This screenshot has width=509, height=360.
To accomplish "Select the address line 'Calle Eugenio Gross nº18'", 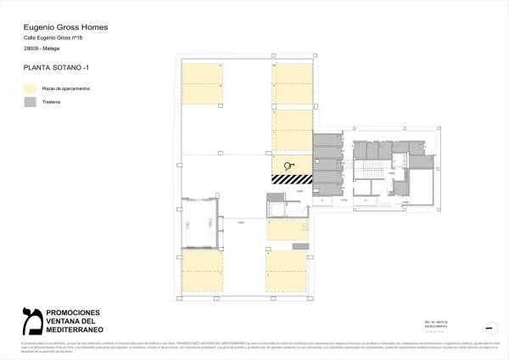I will click(53, 39).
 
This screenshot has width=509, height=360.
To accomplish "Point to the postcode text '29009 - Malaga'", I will click(40, 50).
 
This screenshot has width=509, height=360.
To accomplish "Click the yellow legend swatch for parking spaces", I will click(30, 88).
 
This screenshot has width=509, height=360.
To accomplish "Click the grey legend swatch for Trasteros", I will click(30, 102).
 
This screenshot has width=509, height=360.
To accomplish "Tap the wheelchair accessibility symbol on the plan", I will click(289, 166).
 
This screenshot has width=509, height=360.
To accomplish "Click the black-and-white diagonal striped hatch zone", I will click(289, 179).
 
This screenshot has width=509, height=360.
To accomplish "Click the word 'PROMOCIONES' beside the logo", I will click(72, 312).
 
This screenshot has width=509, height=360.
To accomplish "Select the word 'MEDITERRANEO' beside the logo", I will click(74, 329).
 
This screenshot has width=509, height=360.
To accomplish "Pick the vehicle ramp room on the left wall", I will click(201, 219).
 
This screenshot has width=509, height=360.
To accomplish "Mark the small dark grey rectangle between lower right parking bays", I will click(296, 246).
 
